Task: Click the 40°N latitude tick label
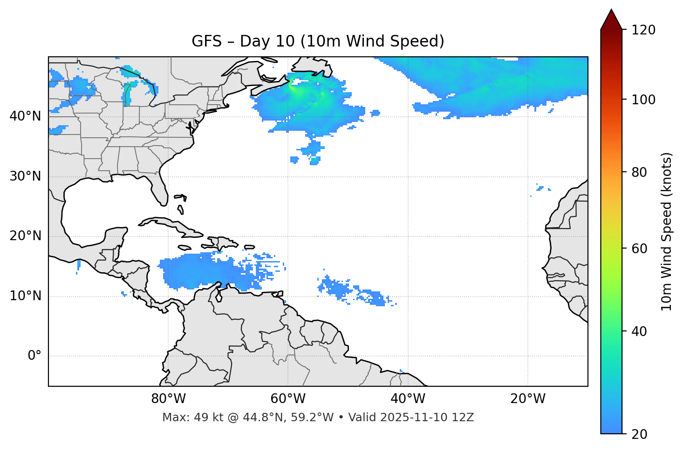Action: [x=25, y=116]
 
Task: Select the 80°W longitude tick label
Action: [x=168, y=399]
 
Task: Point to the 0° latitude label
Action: [x=34, y=356]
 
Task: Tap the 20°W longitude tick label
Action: [x=528, y=399]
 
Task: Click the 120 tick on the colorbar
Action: [x=643, y=30]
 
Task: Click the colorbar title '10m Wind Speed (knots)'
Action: [x=666, y=231]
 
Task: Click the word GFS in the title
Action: [x=206, y=41]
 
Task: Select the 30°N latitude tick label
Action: [x=25, y=176]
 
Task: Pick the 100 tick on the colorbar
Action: [x=643, y=100]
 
